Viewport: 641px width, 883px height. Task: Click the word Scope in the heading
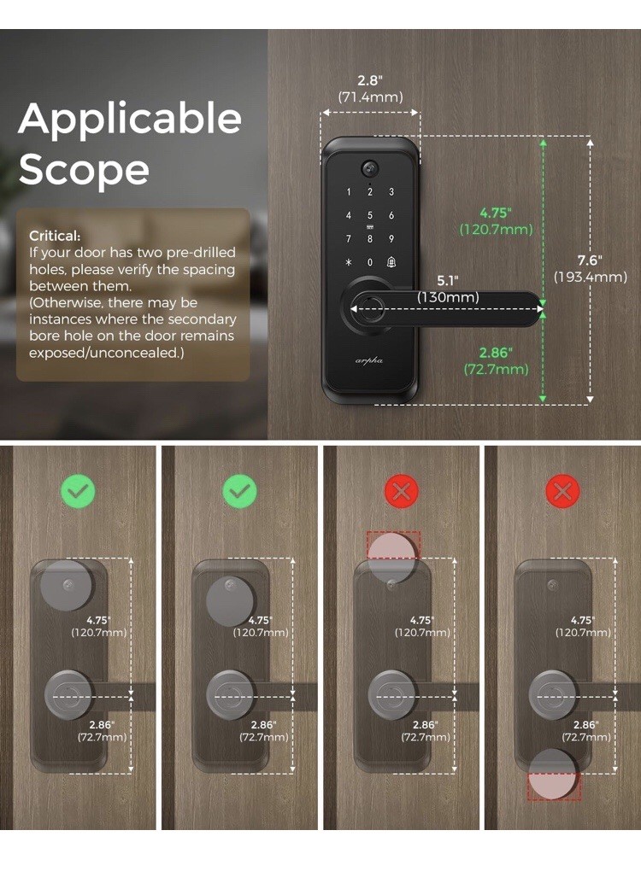(84, 169)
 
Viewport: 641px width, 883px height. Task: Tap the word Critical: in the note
(55, 235)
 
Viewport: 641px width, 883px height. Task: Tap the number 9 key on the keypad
(391, 239)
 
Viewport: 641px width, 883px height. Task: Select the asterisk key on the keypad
(349, 262)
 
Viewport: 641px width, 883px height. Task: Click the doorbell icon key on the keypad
(391, 262)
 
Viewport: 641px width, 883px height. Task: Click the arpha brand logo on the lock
(369, 360)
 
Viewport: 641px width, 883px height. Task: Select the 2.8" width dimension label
(369, 81)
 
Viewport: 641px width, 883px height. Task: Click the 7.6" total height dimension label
(589, 260)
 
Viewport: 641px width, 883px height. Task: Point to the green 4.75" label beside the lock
(496, 213)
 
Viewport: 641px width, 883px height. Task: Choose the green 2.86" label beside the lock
(496, 353)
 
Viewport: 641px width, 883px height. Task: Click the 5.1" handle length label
(448, 280)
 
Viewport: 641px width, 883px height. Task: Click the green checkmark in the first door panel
(78, 491)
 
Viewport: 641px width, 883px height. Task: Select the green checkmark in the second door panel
(239, 491)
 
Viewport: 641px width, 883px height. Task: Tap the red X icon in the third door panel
(401, 491)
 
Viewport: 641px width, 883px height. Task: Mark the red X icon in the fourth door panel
(562, 491)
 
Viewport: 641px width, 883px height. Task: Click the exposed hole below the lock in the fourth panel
(553, 775)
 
